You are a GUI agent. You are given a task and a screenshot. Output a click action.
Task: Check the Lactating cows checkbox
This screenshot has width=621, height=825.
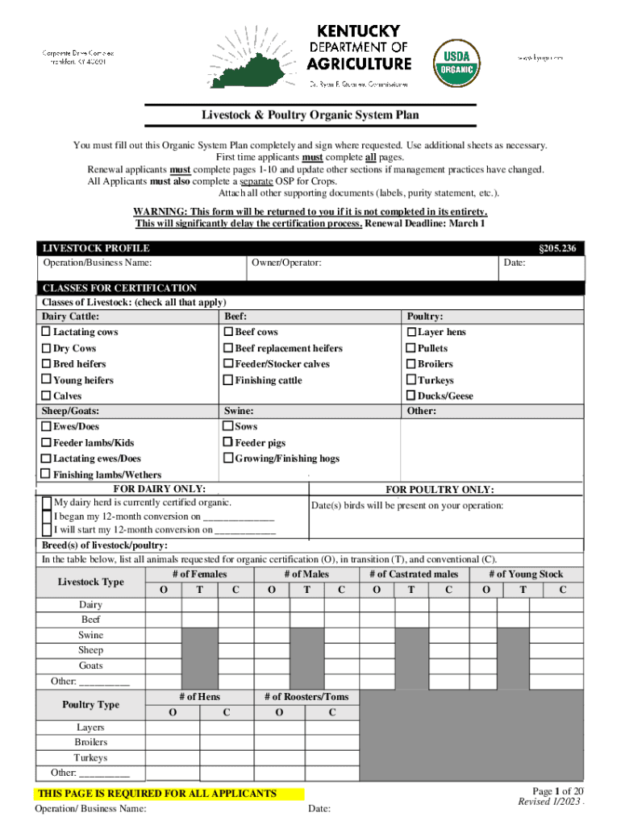click(x=47, y=332)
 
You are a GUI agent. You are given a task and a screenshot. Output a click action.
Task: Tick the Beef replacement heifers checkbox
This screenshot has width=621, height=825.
click(x=228, y=348)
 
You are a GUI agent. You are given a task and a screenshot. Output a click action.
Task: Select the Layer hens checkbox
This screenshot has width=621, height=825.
click(x=411, y=332)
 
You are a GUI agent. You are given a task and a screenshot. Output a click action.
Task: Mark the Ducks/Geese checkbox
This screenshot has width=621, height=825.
click(x=411, y=396)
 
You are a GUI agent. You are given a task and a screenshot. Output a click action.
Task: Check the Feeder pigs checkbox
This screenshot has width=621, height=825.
click(x=228, y=442)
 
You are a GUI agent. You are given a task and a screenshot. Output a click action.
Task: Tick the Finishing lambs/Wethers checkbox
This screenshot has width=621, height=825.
click(x=47, y=475)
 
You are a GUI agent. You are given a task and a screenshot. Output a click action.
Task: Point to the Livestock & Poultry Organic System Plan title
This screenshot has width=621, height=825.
click(x=310, y=115)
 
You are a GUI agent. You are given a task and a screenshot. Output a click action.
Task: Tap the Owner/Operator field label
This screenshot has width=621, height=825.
click(x=286, y=263)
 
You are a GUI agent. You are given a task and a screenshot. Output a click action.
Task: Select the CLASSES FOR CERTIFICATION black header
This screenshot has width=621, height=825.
click(x=119, y=288)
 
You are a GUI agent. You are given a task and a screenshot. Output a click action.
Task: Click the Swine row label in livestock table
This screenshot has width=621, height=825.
click(x=90, y=635)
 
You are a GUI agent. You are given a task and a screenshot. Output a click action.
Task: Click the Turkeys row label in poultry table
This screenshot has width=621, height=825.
click(x=90, y=758)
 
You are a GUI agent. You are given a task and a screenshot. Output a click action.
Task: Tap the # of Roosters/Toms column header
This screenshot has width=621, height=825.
click(x=306, y=697)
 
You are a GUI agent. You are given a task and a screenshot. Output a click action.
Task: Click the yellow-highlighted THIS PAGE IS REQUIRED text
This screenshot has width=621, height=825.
click(x=163, y=794)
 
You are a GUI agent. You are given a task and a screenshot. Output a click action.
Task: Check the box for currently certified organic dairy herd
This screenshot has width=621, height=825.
click(x=48, y=503)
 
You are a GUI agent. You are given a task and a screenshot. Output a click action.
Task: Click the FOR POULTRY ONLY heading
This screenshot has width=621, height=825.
click(x=440, y=490)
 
